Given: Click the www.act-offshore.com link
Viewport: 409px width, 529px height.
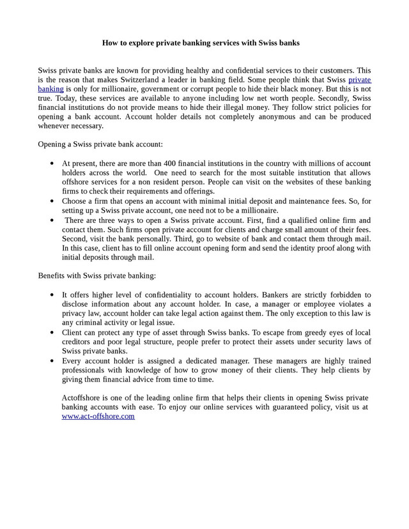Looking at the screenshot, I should click(98, 416).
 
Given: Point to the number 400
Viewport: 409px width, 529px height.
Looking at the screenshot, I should click(173, 164).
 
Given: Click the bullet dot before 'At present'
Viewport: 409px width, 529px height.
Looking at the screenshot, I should click(52, 164).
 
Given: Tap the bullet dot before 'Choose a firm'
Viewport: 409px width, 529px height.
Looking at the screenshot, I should click(52, 201).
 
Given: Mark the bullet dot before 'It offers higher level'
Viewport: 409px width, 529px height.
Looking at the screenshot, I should click(52, 295).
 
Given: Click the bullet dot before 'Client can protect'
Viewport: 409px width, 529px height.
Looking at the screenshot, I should click(52, 333).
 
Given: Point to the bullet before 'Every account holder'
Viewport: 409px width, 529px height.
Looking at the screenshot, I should click(52, 361).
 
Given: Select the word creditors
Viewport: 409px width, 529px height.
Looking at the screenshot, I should click(78, 342).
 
